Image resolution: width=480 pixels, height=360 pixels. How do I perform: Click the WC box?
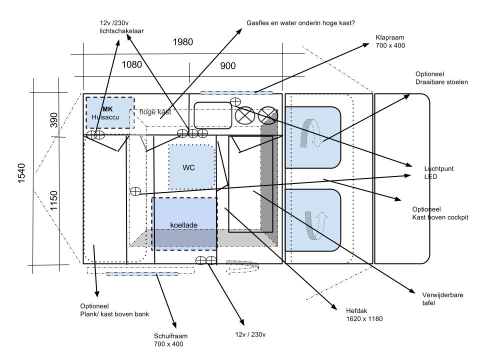click(x=188, y=167)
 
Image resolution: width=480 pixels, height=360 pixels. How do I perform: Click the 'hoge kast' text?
click(x=155, y=112)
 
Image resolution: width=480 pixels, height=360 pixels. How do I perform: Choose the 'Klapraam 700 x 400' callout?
click(x=390, y=41)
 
